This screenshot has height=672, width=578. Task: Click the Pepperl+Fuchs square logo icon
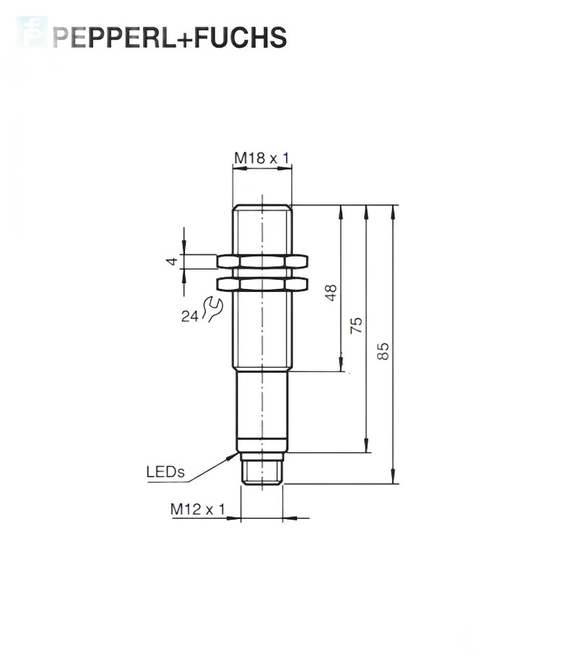[32, 32]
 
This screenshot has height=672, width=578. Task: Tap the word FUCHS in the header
[241, 38]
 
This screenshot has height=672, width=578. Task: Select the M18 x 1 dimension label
[262, 158]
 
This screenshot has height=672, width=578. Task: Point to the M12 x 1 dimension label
[197, 509]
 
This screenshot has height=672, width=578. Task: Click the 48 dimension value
[331, 293]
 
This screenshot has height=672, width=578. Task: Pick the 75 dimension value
[356, 326]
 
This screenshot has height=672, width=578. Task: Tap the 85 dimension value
[383, 351]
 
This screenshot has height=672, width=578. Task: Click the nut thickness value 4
[172, 261]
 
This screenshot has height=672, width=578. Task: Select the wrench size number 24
[190, 316]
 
